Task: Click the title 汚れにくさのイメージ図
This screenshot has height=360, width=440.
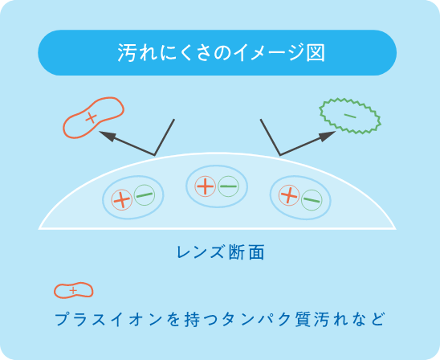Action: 221,52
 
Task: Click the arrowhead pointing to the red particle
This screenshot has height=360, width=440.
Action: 108,136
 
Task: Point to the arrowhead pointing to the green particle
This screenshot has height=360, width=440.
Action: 328,136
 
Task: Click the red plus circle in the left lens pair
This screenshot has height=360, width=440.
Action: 122,199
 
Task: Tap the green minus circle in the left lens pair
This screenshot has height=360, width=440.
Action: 145,195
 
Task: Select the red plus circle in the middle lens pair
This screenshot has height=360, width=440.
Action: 206,186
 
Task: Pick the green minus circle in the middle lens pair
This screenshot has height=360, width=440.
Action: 228,186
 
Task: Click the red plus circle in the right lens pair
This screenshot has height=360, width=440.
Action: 289,195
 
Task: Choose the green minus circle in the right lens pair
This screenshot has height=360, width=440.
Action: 312,199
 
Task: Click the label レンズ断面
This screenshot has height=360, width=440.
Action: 221,252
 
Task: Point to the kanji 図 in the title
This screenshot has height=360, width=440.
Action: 316,52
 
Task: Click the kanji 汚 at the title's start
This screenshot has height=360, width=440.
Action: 127,52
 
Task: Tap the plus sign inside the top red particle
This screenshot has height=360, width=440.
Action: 92,117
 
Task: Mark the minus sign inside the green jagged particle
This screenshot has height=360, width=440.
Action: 350,116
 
